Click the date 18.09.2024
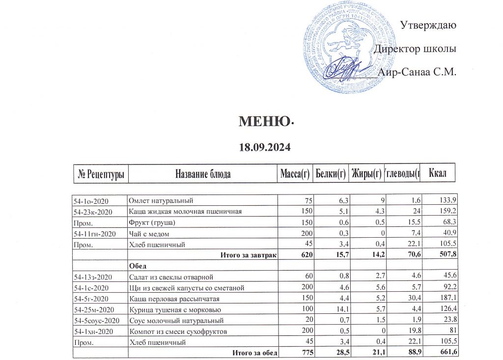(265, 147)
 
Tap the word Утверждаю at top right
(429, 25)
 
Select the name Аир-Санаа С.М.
(419, 73)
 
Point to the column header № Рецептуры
(101, 173)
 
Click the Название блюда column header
(203, 173)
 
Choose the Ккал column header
(437, 173)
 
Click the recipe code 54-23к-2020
(93, 212)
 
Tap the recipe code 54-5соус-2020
(97, 321)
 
